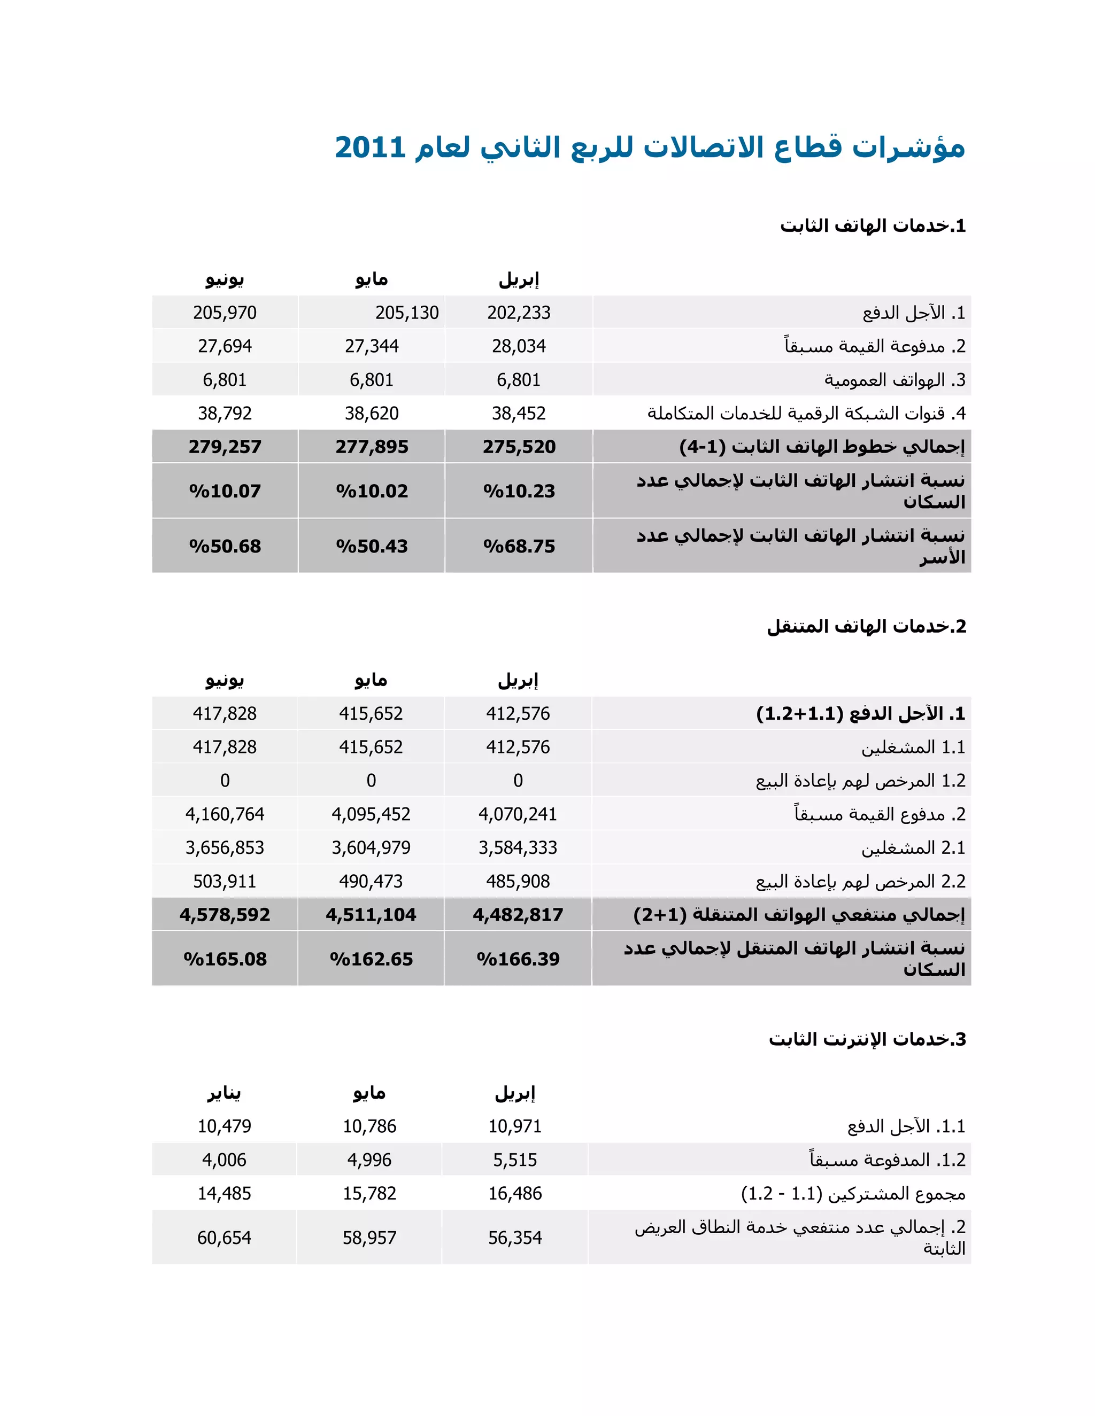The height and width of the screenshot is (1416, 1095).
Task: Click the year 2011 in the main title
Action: [370, 148]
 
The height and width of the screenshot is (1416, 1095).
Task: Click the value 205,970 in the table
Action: [225, 313]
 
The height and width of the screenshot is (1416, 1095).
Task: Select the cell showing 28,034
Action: [518, 346]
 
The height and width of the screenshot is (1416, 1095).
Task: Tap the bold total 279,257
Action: [225, 447]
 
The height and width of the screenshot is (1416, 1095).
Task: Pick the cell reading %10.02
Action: [372, 492]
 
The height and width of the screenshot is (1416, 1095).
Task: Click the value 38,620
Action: [372, 414]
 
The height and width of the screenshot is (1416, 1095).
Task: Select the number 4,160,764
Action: [225, 814]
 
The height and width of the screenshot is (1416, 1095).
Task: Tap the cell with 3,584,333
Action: [518, 848]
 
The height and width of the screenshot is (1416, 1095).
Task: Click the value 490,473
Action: [371, 882]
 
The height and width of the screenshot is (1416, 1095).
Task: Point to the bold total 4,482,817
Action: [518, 915]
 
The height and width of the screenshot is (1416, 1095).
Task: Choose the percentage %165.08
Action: [225, 960]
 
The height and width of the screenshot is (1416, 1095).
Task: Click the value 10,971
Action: [515, 1126]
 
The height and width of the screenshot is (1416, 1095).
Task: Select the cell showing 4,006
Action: [225, 1160]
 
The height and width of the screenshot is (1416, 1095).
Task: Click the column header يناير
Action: [225, 1093]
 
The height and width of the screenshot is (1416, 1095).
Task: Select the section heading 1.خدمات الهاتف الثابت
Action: [873, 226]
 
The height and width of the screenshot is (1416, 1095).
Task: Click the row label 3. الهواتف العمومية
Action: [894, 380]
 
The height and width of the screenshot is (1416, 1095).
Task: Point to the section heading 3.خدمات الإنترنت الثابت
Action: [867, 1039]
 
